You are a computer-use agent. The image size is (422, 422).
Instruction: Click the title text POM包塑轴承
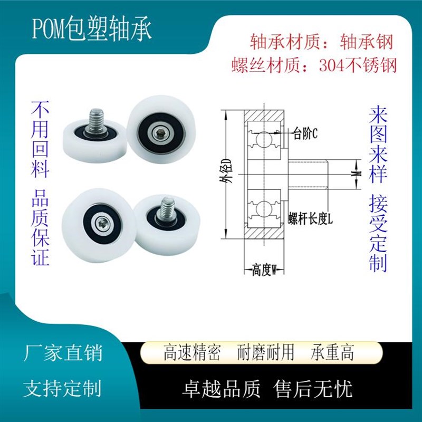(x=92, y=31)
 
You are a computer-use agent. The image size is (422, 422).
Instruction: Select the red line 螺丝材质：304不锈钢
(x=314, y=65)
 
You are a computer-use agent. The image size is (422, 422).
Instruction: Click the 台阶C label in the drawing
(x=305, y=134)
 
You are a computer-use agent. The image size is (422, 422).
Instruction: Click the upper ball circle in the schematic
(x=262, y=139)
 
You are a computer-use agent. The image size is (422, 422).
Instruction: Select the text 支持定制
(x=63, y=389)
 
